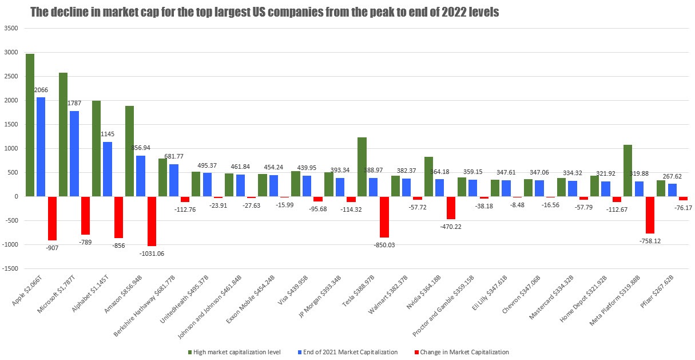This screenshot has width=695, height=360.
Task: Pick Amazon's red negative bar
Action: tap(152, 221)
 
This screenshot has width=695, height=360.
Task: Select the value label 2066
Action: tap(41, 90)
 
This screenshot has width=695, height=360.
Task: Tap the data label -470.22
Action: tap(451, 227)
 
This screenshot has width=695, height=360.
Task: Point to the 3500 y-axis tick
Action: tap(10, 28)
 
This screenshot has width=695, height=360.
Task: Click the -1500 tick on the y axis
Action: tap(10, 268)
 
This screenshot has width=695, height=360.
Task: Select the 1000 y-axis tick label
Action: tap(10, 148)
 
